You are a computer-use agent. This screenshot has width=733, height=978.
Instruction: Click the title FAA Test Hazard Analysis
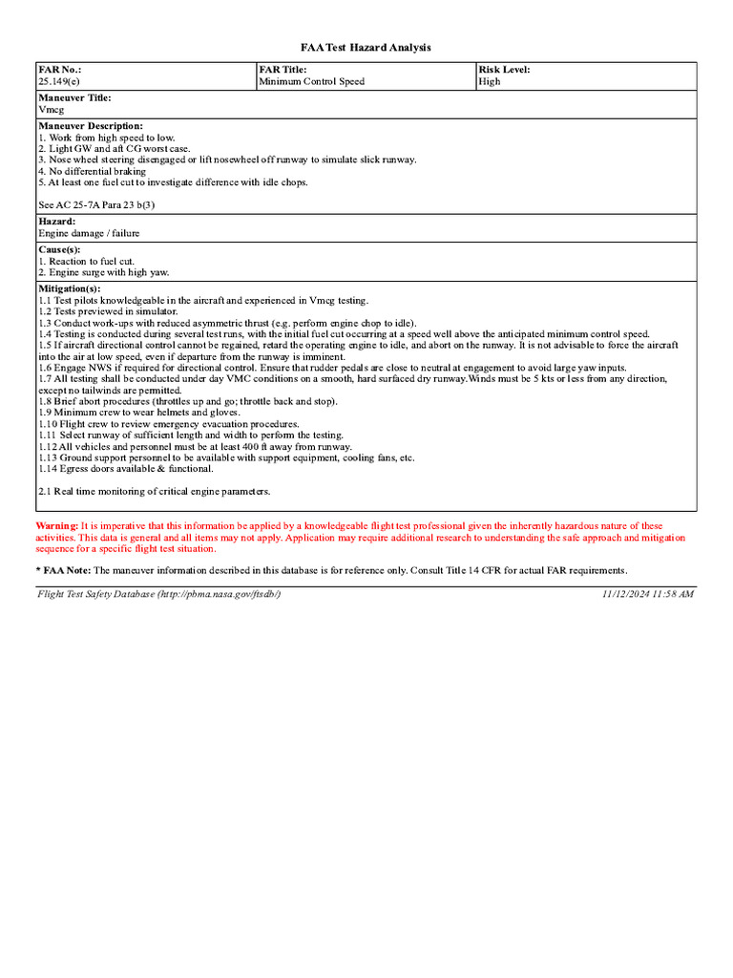tap(366, 47)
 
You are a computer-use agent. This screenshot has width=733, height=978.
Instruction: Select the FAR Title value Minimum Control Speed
tap(311, 82)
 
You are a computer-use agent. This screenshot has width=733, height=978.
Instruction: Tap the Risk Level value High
tap(489, 82)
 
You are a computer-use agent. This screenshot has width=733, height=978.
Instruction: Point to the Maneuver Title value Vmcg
tap(51, 110)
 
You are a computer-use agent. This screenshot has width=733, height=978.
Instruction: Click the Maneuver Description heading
tap(91, 126)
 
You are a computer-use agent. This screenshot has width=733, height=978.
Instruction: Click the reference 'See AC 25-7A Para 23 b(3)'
tap(96, 204)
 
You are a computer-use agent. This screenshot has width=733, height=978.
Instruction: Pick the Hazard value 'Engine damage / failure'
tap(89, 233)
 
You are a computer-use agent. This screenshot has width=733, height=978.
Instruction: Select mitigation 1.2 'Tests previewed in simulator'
tap(108, 311)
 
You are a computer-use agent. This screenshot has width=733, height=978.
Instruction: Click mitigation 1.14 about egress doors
tap(126, 469)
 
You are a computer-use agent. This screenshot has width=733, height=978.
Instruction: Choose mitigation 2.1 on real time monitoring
tap(155, 491)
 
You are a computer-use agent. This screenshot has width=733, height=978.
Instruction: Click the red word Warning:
tap(57, 526)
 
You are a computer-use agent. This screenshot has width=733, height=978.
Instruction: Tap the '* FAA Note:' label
tap(63, 570)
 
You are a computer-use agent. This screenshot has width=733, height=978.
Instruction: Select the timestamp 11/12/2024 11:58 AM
tap(647, 594)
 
